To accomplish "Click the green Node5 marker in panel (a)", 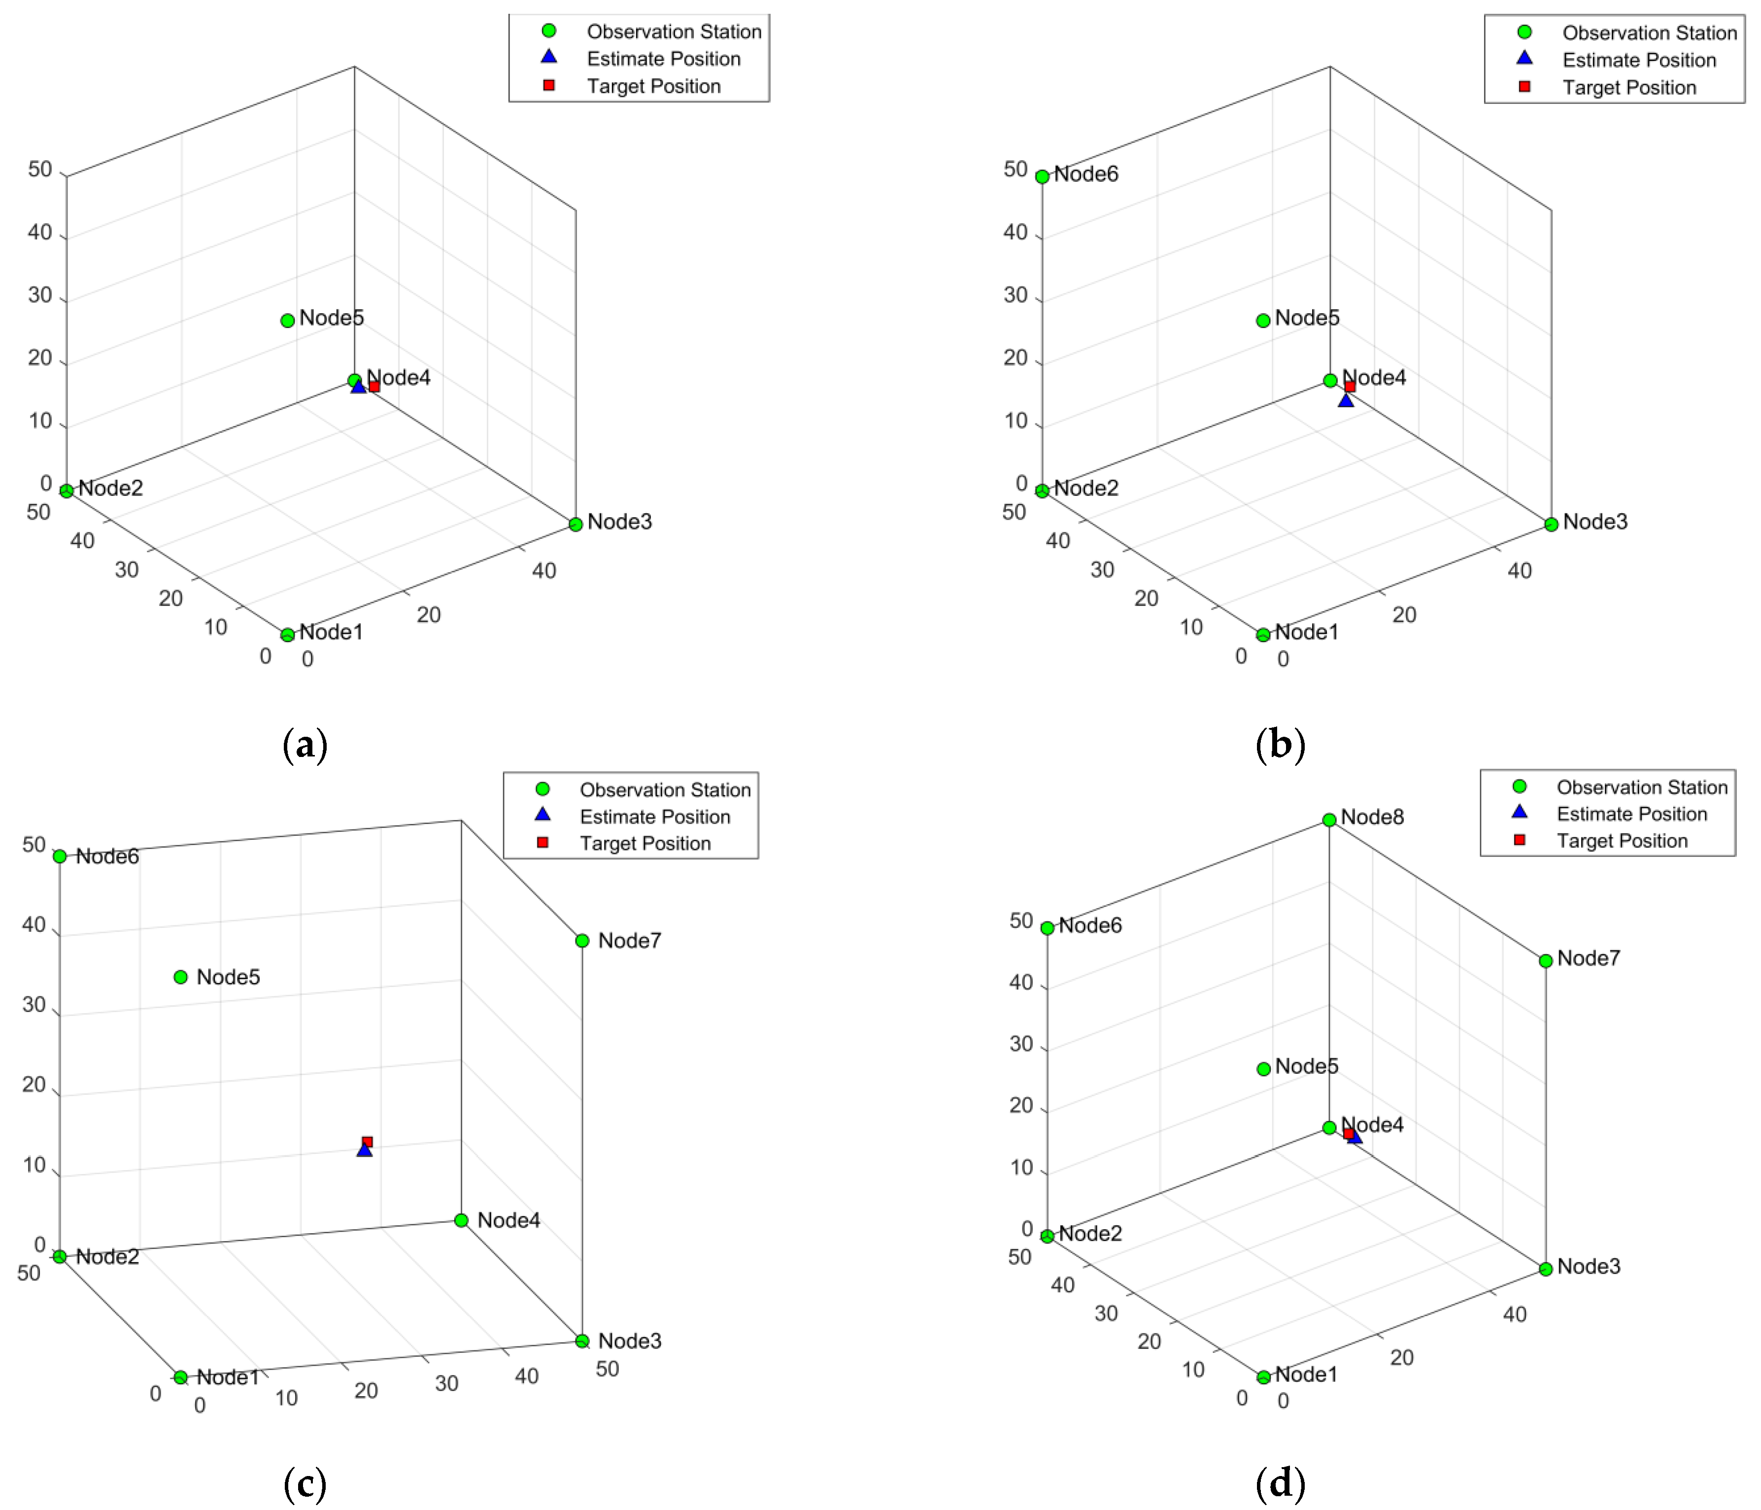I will (x=287, y=320).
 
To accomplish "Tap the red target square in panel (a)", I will (x=374, y=387).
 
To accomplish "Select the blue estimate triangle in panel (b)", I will (x=1346, y=399).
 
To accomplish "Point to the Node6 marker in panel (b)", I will (x=1042, y=177).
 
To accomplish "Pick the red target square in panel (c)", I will (x=367, y=1142).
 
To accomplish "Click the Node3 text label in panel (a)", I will (x=619, y=522).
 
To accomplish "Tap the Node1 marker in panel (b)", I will (x=1263, y=635).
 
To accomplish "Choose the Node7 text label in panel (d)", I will (x=1589, y=958).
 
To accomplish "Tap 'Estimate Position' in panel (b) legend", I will (x=1639, y=61).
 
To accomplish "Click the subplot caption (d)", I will (x=1280, y=1483).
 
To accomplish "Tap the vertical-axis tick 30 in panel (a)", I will (x=40, y=295).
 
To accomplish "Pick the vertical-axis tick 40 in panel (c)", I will (x=34, y=924).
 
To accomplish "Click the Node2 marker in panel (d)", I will (x=1047, y=1236).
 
